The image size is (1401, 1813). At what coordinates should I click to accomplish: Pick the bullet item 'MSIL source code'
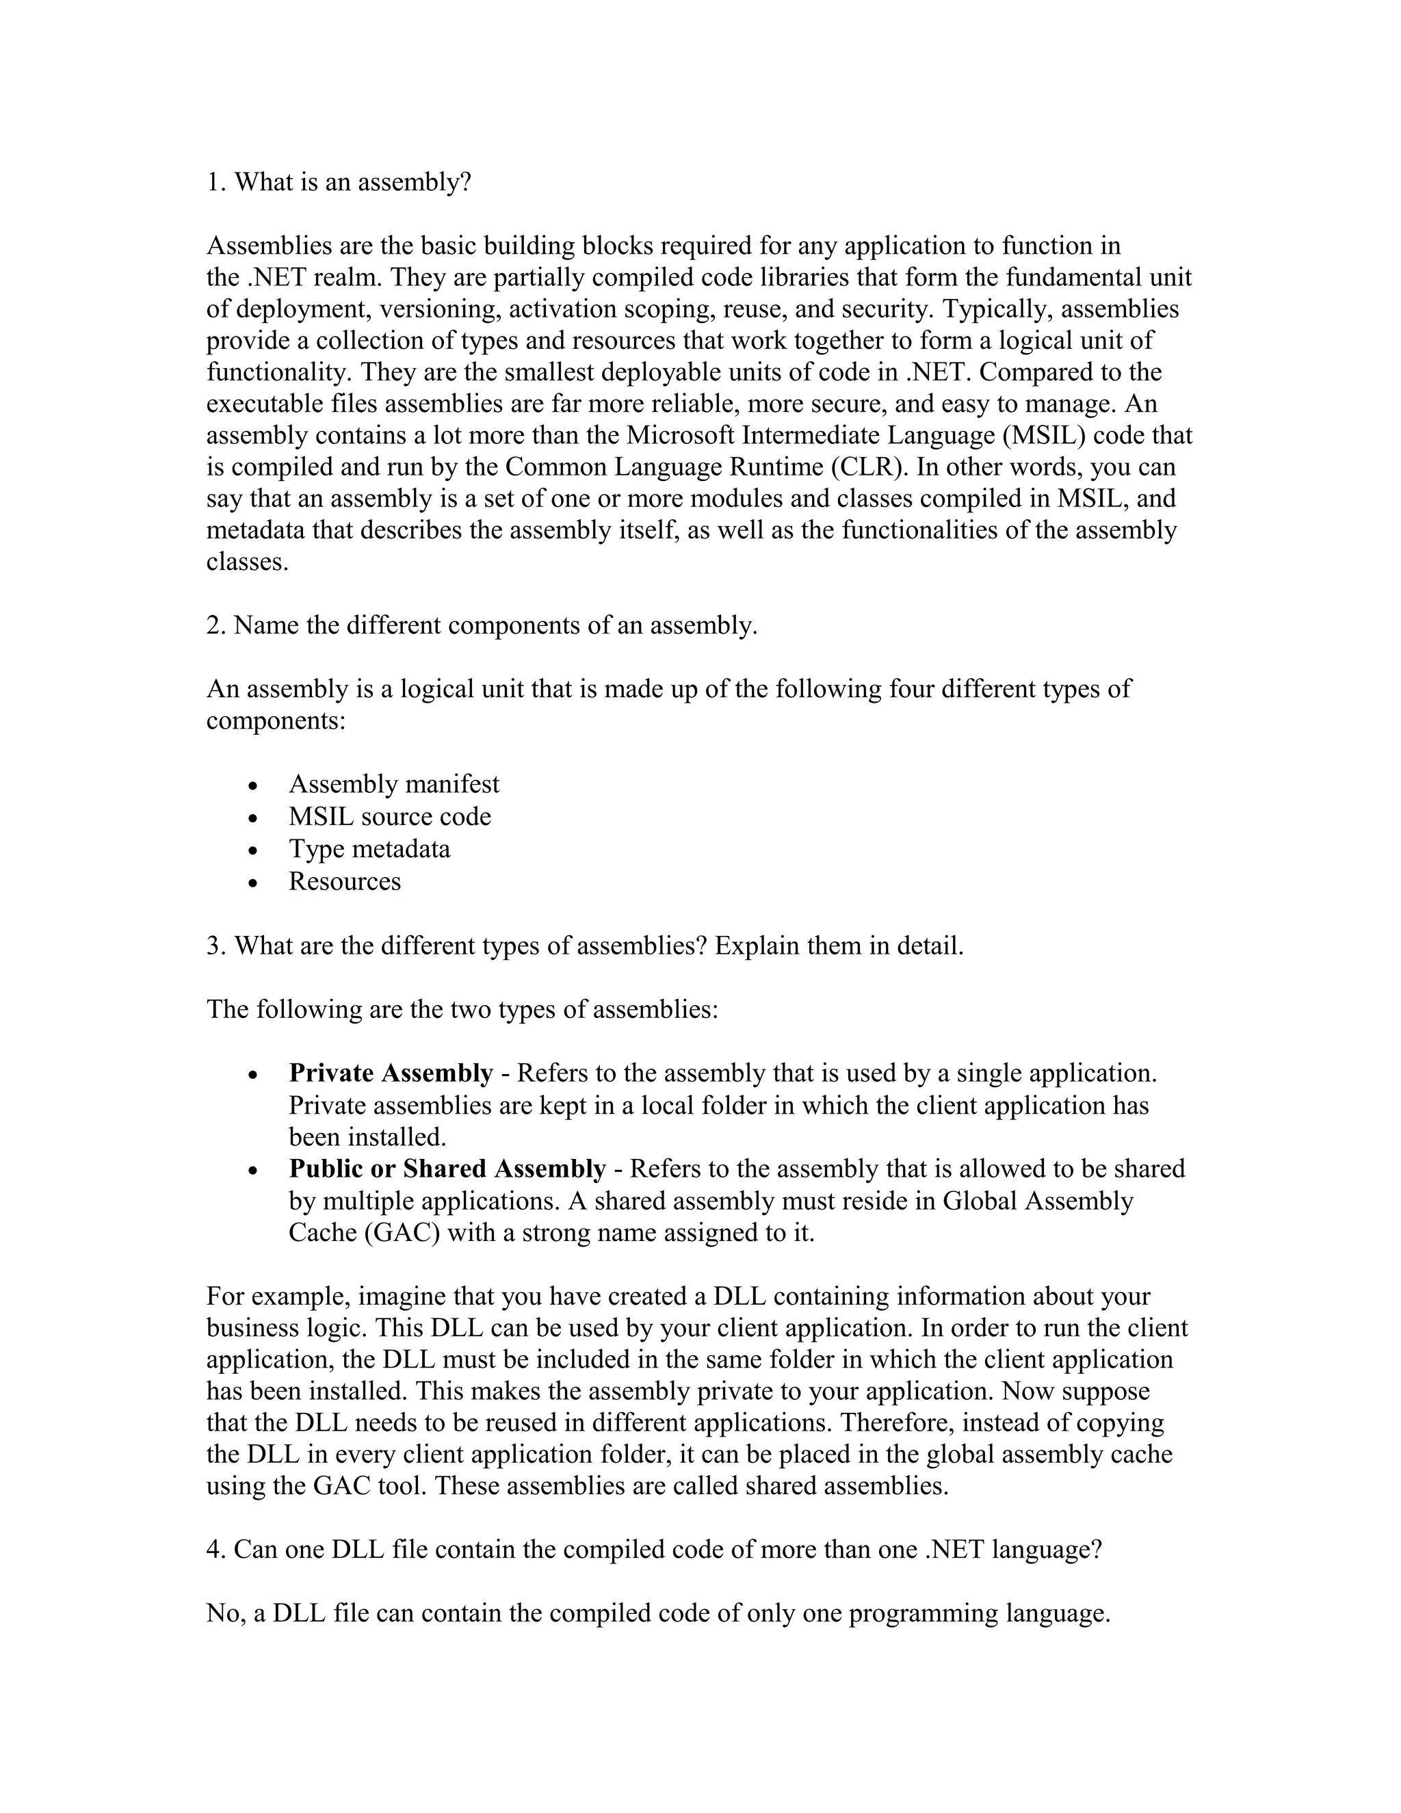click(x=389, y=816)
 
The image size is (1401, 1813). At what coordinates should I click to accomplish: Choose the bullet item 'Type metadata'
click(x=369, y=848)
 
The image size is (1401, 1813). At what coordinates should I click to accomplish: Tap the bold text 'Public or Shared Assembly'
click(x=447, y=1168)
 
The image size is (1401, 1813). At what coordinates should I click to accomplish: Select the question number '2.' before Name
click(x=215, y=625)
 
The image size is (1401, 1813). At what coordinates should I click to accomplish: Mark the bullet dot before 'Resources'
click(x=254, y=883)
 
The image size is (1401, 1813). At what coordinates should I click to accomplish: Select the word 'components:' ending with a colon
click(x=276, y=720)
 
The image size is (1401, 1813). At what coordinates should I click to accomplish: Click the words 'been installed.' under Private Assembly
click(x=367, y=1136)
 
